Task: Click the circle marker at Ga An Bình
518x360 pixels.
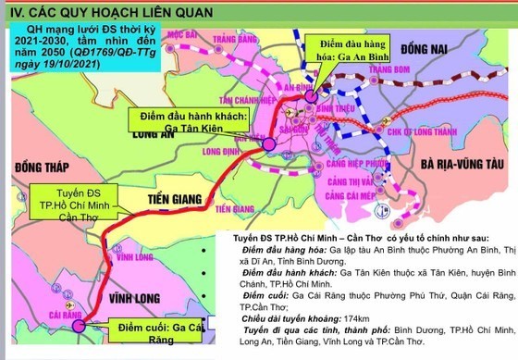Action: (311, 93)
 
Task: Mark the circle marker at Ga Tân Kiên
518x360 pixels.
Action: (268, 145)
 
